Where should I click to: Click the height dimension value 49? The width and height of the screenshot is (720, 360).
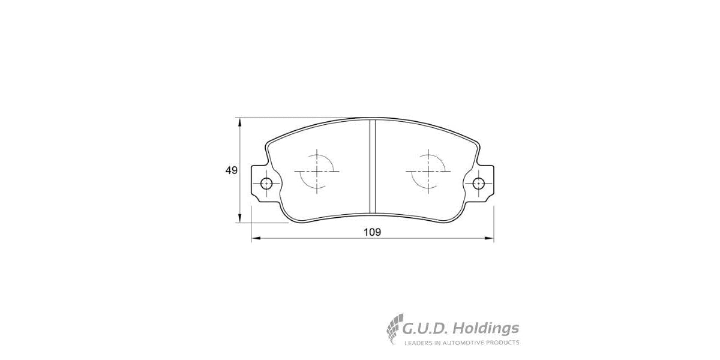pos(232,170)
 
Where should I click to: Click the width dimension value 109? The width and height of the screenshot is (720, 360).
pos(373,232)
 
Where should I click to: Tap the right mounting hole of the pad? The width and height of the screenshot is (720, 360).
pos(479,184)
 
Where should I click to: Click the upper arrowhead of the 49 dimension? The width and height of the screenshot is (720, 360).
pos(240,122)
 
